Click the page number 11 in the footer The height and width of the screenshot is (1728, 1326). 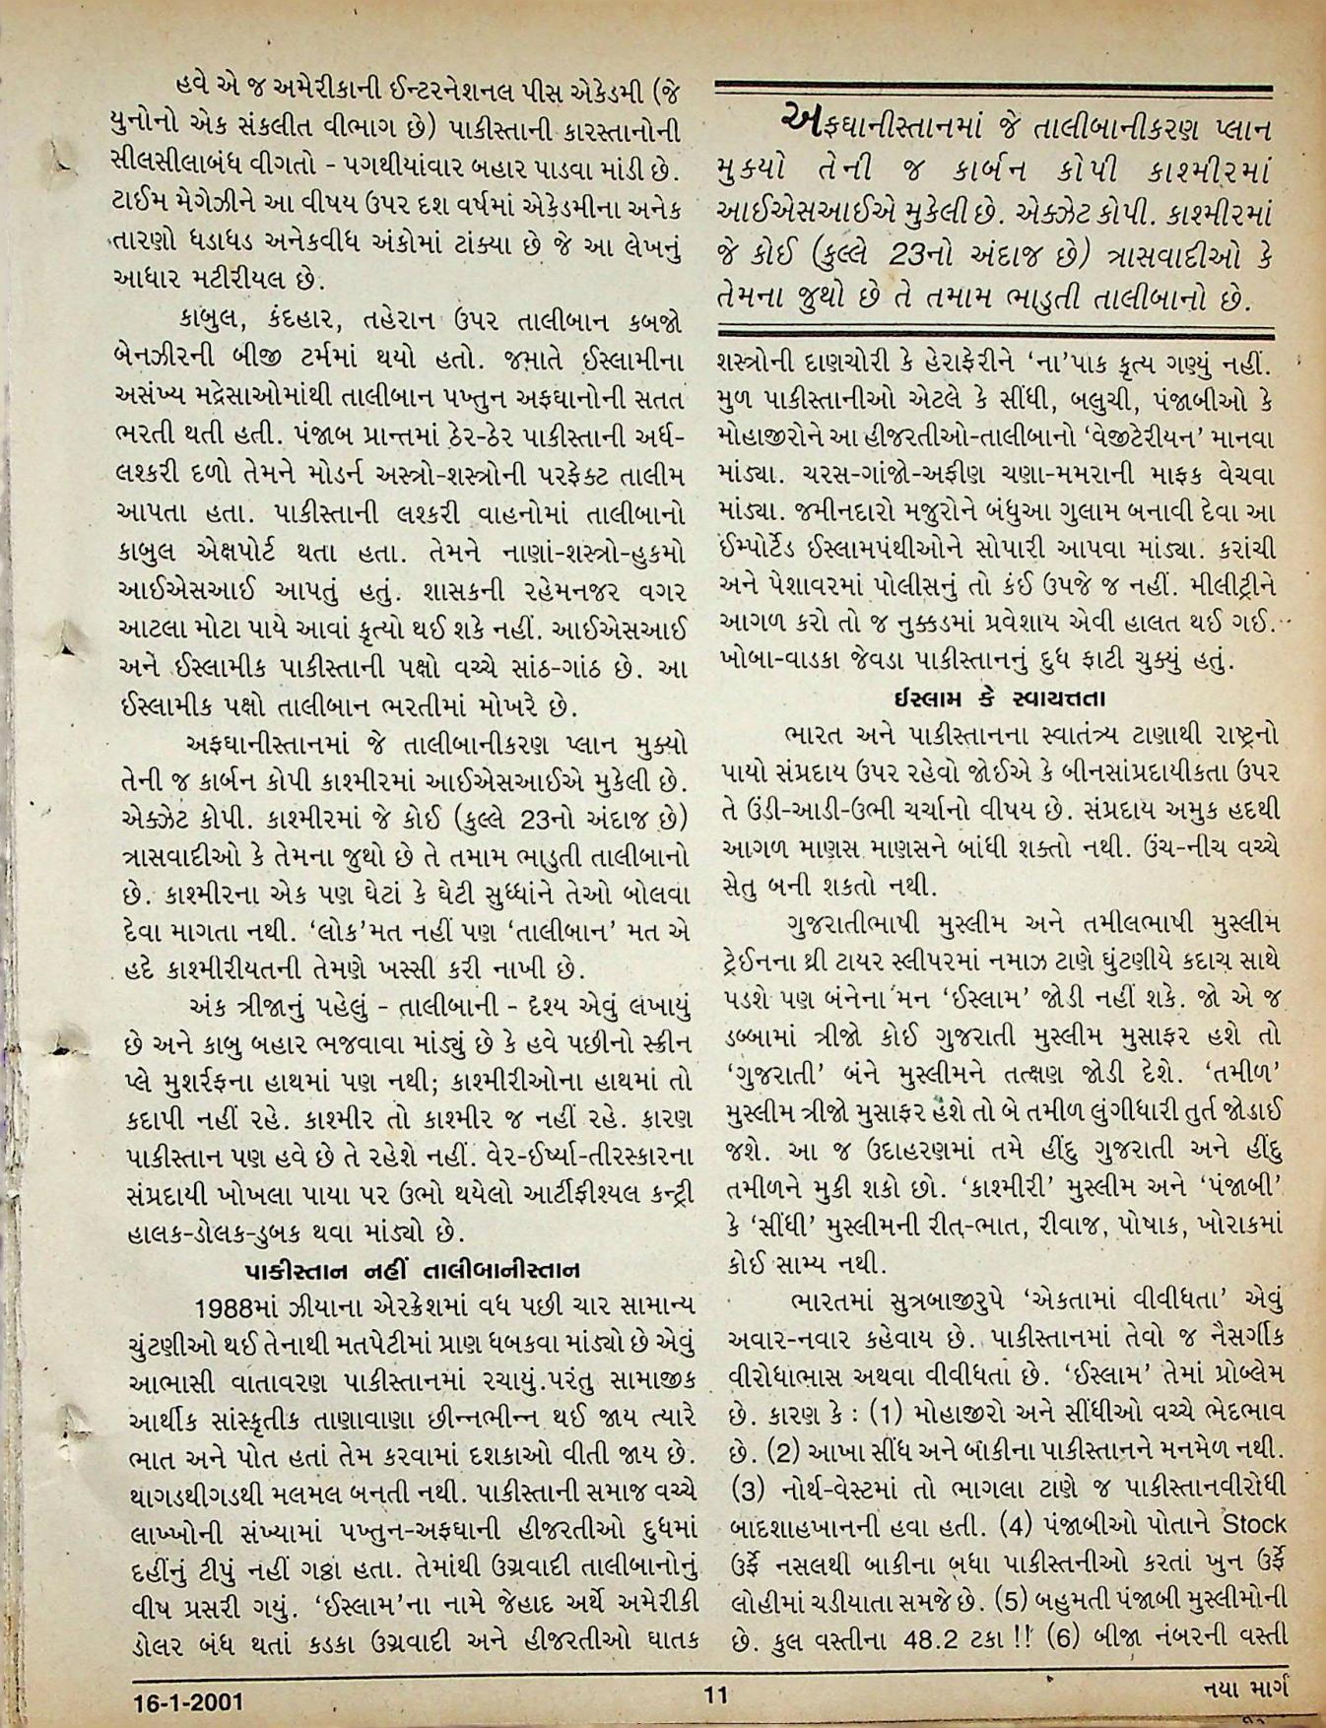[x=715, y=1695]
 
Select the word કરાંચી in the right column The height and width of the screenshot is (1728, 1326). [x=1244, y=546]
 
